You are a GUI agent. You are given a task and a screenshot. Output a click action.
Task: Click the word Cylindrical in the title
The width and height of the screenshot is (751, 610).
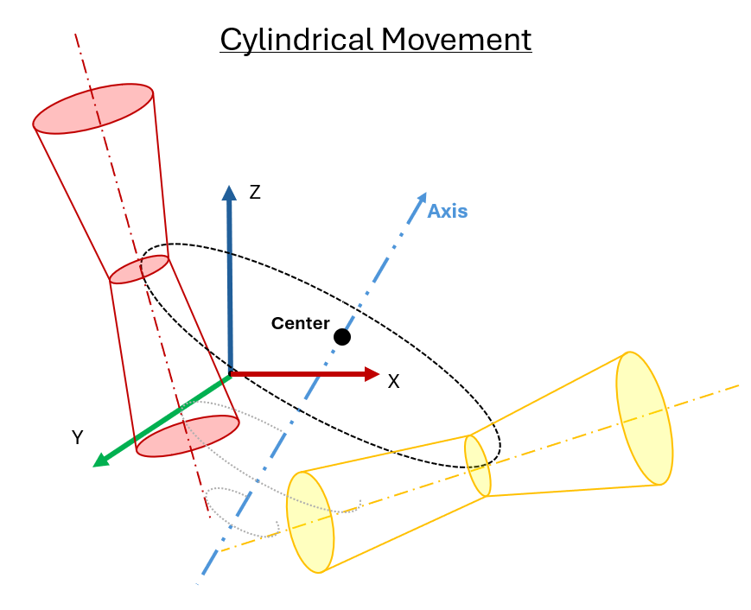(x=297, y=41)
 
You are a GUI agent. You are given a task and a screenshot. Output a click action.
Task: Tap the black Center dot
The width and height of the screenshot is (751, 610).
(x=342, y=337)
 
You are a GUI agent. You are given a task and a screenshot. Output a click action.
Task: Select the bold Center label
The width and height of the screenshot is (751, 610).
(x=300, y=323)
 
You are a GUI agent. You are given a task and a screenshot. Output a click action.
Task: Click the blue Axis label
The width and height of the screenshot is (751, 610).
(x=448, y=211)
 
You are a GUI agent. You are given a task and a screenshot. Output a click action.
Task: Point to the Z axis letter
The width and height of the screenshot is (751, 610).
(x=255, y=193)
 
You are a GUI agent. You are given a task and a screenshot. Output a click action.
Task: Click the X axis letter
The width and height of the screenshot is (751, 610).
(x=393, y=382)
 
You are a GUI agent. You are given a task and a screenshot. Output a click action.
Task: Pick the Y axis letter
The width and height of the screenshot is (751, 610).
(x=77, y=437)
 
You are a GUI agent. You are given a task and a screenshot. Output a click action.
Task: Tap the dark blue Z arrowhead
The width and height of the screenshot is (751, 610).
(x=229, y=193)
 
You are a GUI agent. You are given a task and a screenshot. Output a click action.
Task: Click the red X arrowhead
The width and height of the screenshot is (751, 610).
(x=372, y=374)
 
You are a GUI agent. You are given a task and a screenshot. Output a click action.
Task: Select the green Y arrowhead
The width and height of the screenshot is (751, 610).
(x=101, y=460)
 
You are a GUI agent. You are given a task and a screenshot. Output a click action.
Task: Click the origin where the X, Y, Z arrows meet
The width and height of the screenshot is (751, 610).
(x=231, y=374)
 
